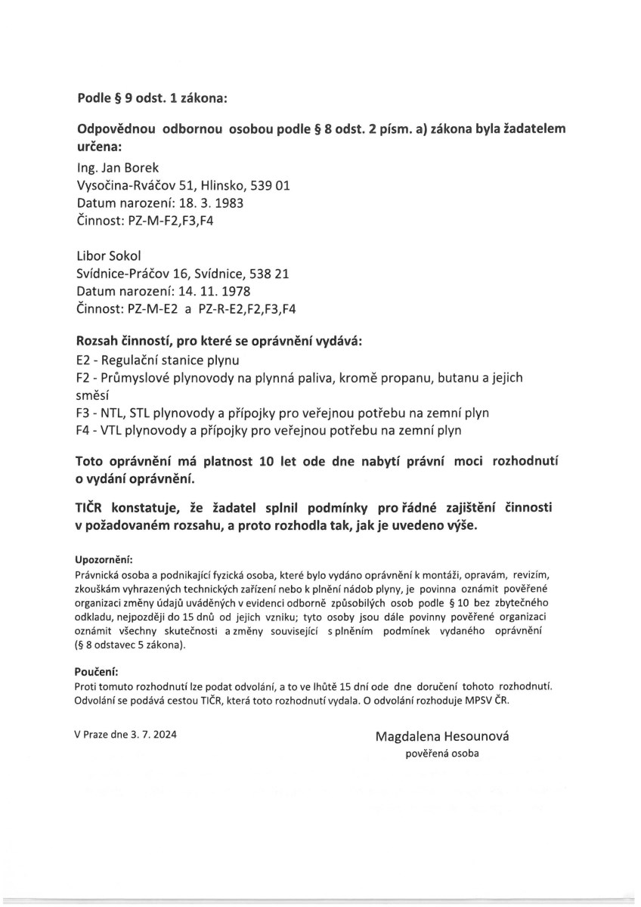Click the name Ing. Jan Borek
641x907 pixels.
(x=118, y=168)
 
